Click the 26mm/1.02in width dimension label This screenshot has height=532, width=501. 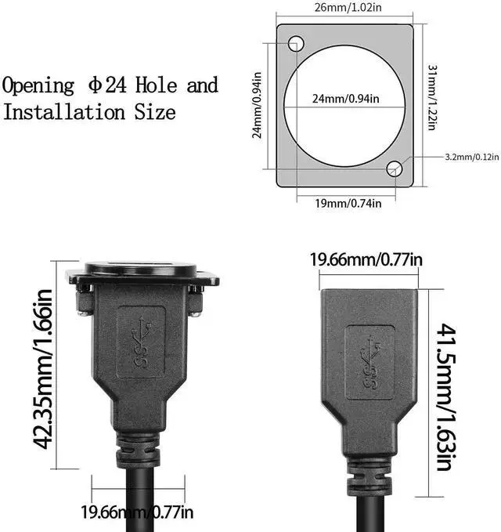(348, 8)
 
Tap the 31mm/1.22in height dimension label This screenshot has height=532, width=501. (431, 98)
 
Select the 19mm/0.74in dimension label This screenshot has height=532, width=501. (348, 203)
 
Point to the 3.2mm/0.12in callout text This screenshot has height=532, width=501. (472, 157)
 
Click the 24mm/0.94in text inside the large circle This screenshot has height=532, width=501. (346, 99)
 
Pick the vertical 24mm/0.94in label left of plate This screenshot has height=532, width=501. (258, 105)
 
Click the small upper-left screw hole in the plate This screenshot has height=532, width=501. (296, 43)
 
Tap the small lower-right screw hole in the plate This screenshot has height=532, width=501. (395, 168)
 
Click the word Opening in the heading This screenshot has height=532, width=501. (38, 86)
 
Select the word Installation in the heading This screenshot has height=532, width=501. (64, 112)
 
